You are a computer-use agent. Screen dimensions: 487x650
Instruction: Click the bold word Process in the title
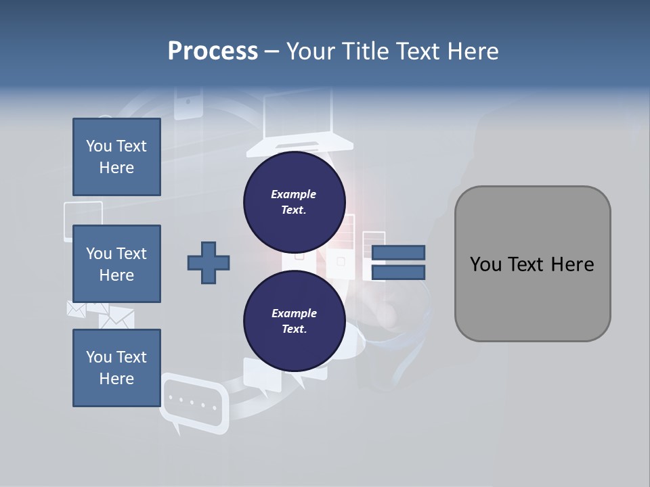click(213, 51)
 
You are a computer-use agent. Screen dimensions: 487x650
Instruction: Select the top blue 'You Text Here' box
click(116, 157)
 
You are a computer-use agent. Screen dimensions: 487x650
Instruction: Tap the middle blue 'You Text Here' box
click(116, 264)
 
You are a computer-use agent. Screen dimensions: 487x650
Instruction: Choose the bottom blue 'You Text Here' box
click(116, 367)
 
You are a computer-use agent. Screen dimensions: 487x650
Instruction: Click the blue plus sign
click(209, 262)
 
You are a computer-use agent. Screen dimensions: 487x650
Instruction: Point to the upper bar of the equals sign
click(398, 252)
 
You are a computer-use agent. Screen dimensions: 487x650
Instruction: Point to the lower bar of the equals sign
click(398, 273)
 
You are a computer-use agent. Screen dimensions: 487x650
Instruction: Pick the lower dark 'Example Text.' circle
click(294, 321)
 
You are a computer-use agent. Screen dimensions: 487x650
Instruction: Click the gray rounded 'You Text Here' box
click(532, 264)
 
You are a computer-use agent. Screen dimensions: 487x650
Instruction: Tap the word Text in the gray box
click(531, 264)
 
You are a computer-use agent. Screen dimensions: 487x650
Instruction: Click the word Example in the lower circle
click(294, 313)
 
